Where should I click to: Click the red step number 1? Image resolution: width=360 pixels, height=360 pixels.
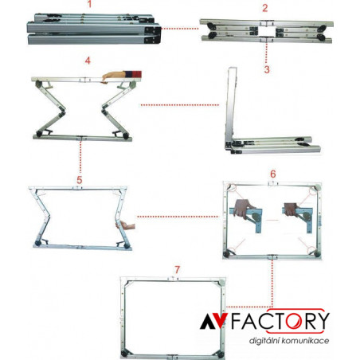pyautogui.click(x=89, y=4)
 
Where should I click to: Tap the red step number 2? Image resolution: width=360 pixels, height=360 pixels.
pyautogui.click(x=265, y=8)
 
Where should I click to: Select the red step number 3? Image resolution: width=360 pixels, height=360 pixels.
pyautogui.click(x=267, y=69)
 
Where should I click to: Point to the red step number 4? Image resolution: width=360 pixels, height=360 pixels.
pyautogui.click(x=88, y=61)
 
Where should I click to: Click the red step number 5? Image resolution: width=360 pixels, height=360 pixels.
pyautogui.click(x=80, y=180)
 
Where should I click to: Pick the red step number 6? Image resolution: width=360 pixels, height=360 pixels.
pyautogui.click(x=273, y=174)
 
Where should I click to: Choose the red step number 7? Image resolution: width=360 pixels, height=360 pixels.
pyautogui.click(x=178, y=270)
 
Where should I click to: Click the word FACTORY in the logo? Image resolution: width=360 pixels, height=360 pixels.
pyautogui.click(x=280, y=321)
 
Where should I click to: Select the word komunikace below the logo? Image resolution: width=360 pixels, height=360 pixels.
pyautogui.click(x=305, y=340)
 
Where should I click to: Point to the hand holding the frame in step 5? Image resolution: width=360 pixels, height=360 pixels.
pyautogui.click(x=126, y=225)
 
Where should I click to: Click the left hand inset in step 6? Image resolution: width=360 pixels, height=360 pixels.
pyautogui.click(x=242, y=209)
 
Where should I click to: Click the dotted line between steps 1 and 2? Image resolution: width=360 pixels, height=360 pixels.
pyautogui.click(x=180, y=29)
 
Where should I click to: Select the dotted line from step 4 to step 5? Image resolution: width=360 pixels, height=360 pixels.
pyautogui.click(x=80, y=157)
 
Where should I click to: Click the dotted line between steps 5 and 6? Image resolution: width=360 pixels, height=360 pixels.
pyautogui.click(x=178, y=217)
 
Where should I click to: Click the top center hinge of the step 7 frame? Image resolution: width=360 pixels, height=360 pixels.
pyautogui.click(x=173, y=279)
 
